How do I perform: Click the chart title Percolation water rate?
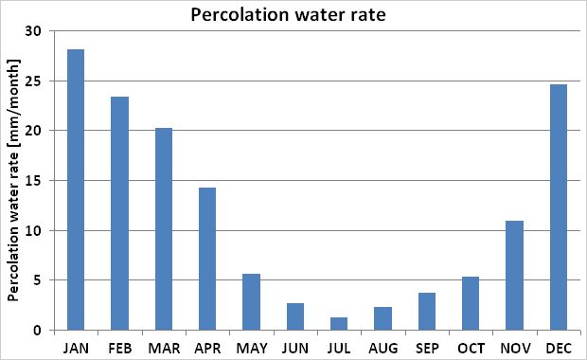coord(293,15)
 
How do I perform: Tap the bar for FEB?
coord(119,213)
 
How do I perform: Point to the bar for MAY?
coord(251,302)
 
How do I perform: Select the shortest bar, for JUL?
coord(338,324)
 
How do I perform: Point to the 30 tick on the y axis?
coord(34,30)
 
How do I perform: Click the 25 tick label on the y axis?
coord(34,81)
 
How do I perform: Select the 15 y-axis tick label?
coord(34,180)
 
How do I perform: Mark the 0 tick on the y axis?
coord(38,331)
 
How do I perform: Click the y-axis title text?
coord(13,180)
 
